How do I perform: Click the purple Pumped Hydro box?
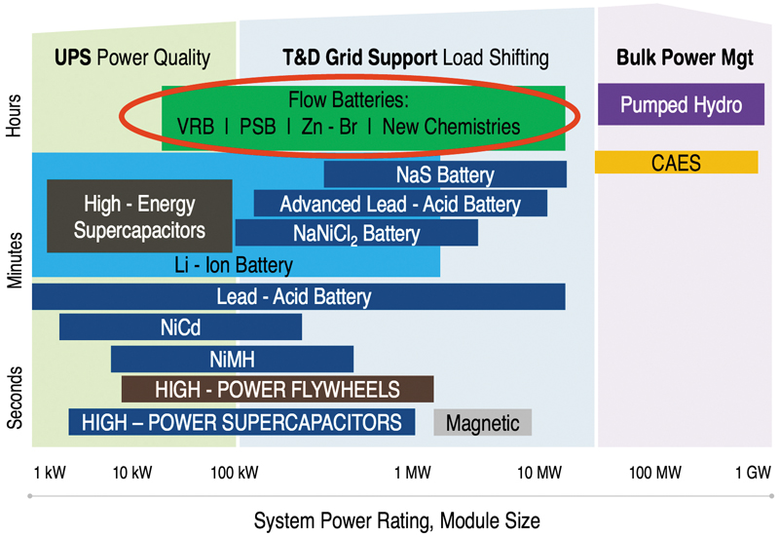[x=681, y=104]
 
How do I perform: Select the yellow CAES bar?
[x=676, y=162]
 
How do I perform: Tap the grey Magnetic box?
[x=482, y=422]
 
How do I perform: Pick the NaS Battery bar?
[x=445, y=174]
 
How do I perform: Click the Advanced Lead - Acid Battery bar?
[x=400, y=204]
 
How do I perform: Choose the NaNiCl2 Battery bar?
[x=356, y=233]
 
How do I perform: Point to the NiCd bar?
[x=180, y=327]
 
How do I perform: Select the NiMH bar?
[x=232, y=359]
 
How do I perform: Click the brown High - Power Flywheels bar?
[x=278, y=389]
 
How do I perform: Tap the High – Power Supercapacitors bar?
[x=241, y=422]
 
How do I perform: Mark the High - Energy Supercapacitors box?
[x=139, y=216]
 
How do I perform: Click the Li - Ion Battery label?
[x=234, y=265]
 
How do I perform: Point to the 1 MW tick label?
[x=412, y=473]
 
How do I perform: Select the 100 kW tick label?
[x=235, y=473]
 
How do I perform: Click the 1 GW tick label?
[x=753, y=473]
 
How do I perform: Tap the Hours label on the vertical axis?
[x=14, y=115]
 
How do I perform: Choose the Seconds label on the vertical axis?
[x=14, y=398]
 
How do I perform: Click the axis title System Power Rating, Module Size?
[x=397, y=520]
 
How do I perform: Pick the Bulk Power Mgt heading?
[x=685, y=58]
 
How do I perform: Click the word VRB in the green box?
[x=196, y=127]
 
